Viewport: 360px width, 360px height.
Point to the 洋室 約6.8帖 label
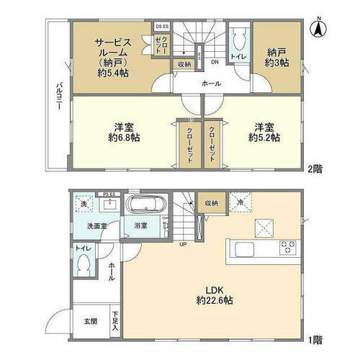(123, 131)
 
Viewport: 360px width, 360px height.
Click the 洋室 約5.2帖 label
(264, 131)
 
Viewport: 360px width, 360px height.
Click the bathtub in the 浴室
(147, 206)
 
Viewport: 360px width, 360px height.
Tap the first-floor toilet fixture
(84, 266)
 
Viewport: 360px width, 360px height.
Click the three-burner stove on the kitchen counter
(289, 249)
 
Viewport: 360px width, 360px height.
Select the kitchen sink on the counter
(242, 249)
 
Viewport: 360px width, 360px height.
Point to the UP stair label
(184, 243)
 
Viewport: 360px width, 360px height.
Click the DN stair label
(215, 62)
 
